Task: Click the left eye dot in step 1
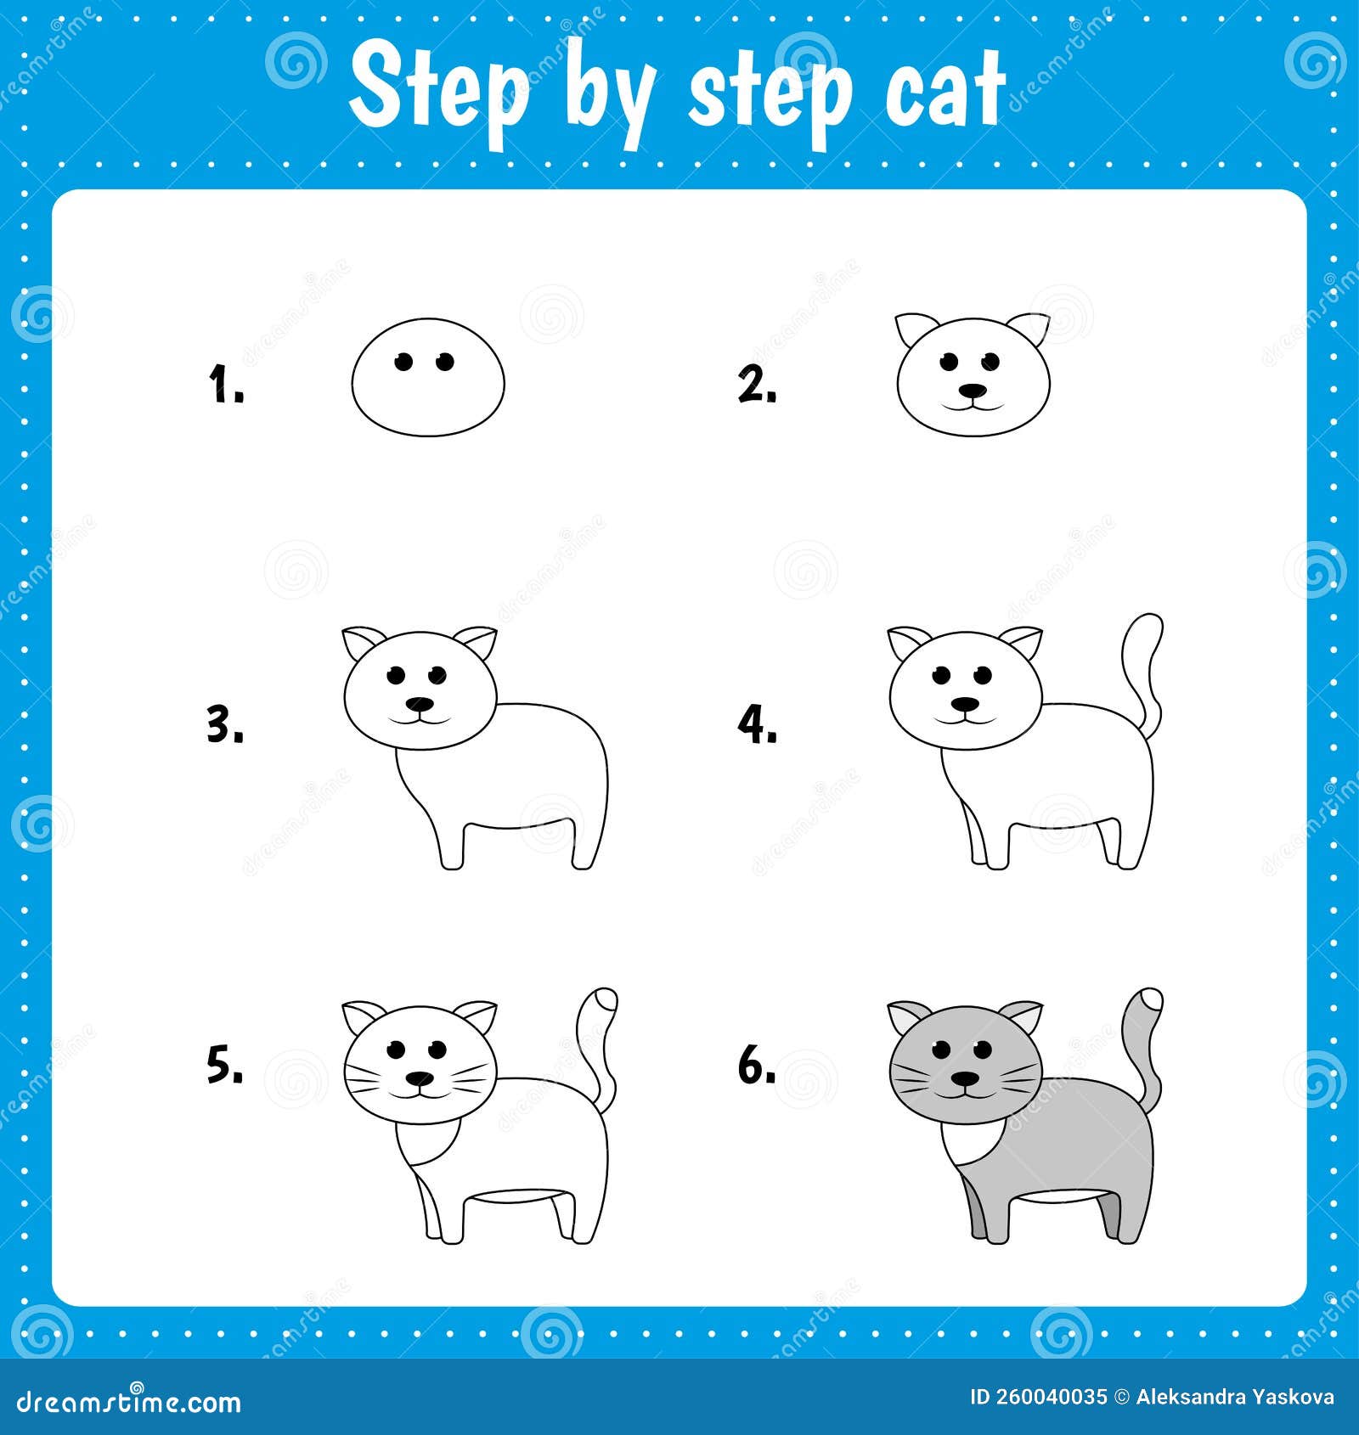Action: (x=404, y=363)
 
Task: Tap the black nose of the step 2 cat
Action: (x=973, y=391)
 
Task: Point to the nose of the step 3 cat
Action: (x=419, y=704)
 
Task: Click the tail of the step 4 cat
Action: (x=1143, y=662)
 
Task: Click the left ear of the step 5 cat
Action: (x=364, y=1016)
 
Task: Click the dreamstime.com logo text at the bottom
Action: (x=129, y=1402)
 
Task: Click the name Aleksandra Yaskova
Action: (x=1235, y=1398)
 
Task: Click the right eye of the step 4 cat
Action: (x=984, y=676)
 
